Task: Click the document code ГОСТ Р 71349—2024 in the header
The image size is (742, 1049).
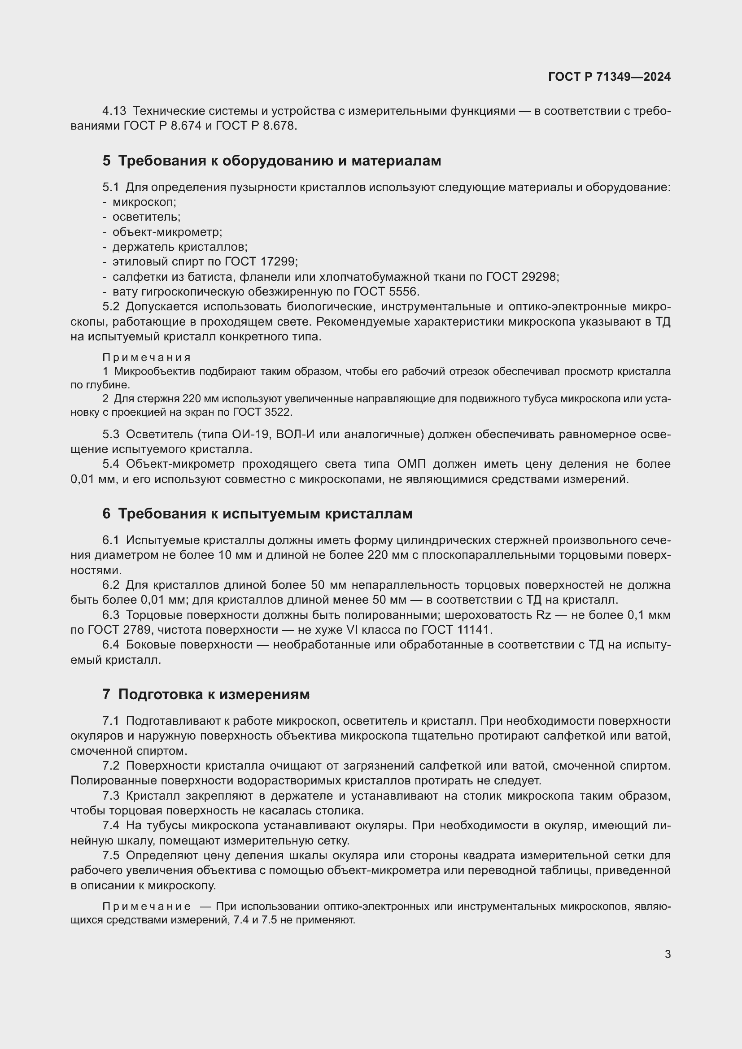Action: (609, 77)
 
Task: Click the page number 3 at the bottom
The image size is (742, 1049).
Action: (668, 954)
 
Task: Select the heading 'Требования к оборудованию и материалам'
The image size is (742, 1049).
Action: (279, 161)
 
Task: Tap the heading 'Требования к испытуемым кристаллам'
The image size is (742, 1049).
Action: (265, 514)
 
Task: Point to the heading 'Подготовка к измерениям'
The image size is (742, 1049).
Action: (214, 694)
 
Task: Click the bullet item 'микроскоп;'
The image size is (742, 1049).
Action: (144, 202)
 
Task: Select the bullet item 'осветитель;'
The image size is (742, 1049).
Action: (146, 217)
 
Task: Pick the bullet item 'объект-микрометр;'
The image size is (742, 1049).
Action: (167, 232)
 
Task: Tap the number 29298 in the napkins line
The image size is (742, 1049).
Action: (540, 277)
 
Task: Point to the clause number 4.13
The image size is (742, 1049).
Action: (114, 111)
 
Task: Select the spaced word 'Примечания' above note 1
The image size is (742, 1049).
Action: (146, 357)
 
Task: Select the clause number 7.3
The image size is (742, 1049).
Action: (110, 796)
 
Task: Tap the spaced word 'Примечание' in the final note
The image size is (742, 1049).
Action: (146, 906)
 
